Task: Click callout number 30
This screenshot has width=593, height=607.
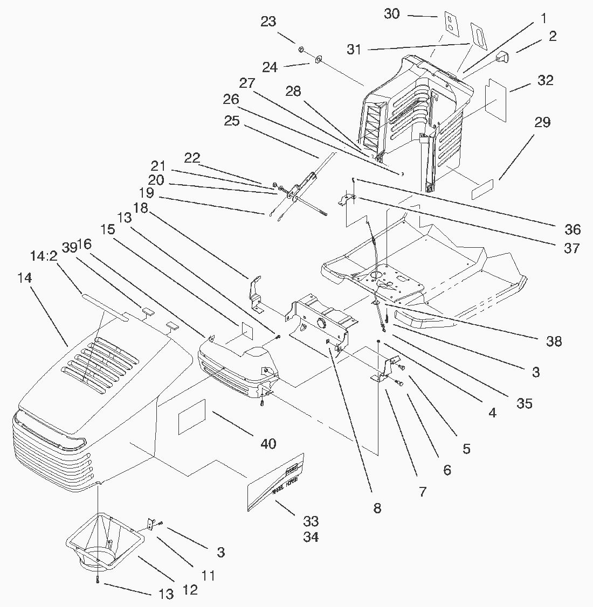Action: [x=392, y=14]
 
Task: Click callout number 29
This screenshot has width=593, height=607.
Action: [x=542, y=122]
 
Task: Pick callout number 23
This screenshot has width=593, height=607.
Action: [x=268, y=22]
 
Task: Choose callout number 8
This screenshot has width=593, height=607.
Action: [x=377, y=507]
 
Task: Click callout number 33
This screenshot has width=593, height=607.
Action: [x=311, y=521]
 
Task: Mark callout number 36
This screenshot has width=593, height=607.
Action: [x=573, y=229]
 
